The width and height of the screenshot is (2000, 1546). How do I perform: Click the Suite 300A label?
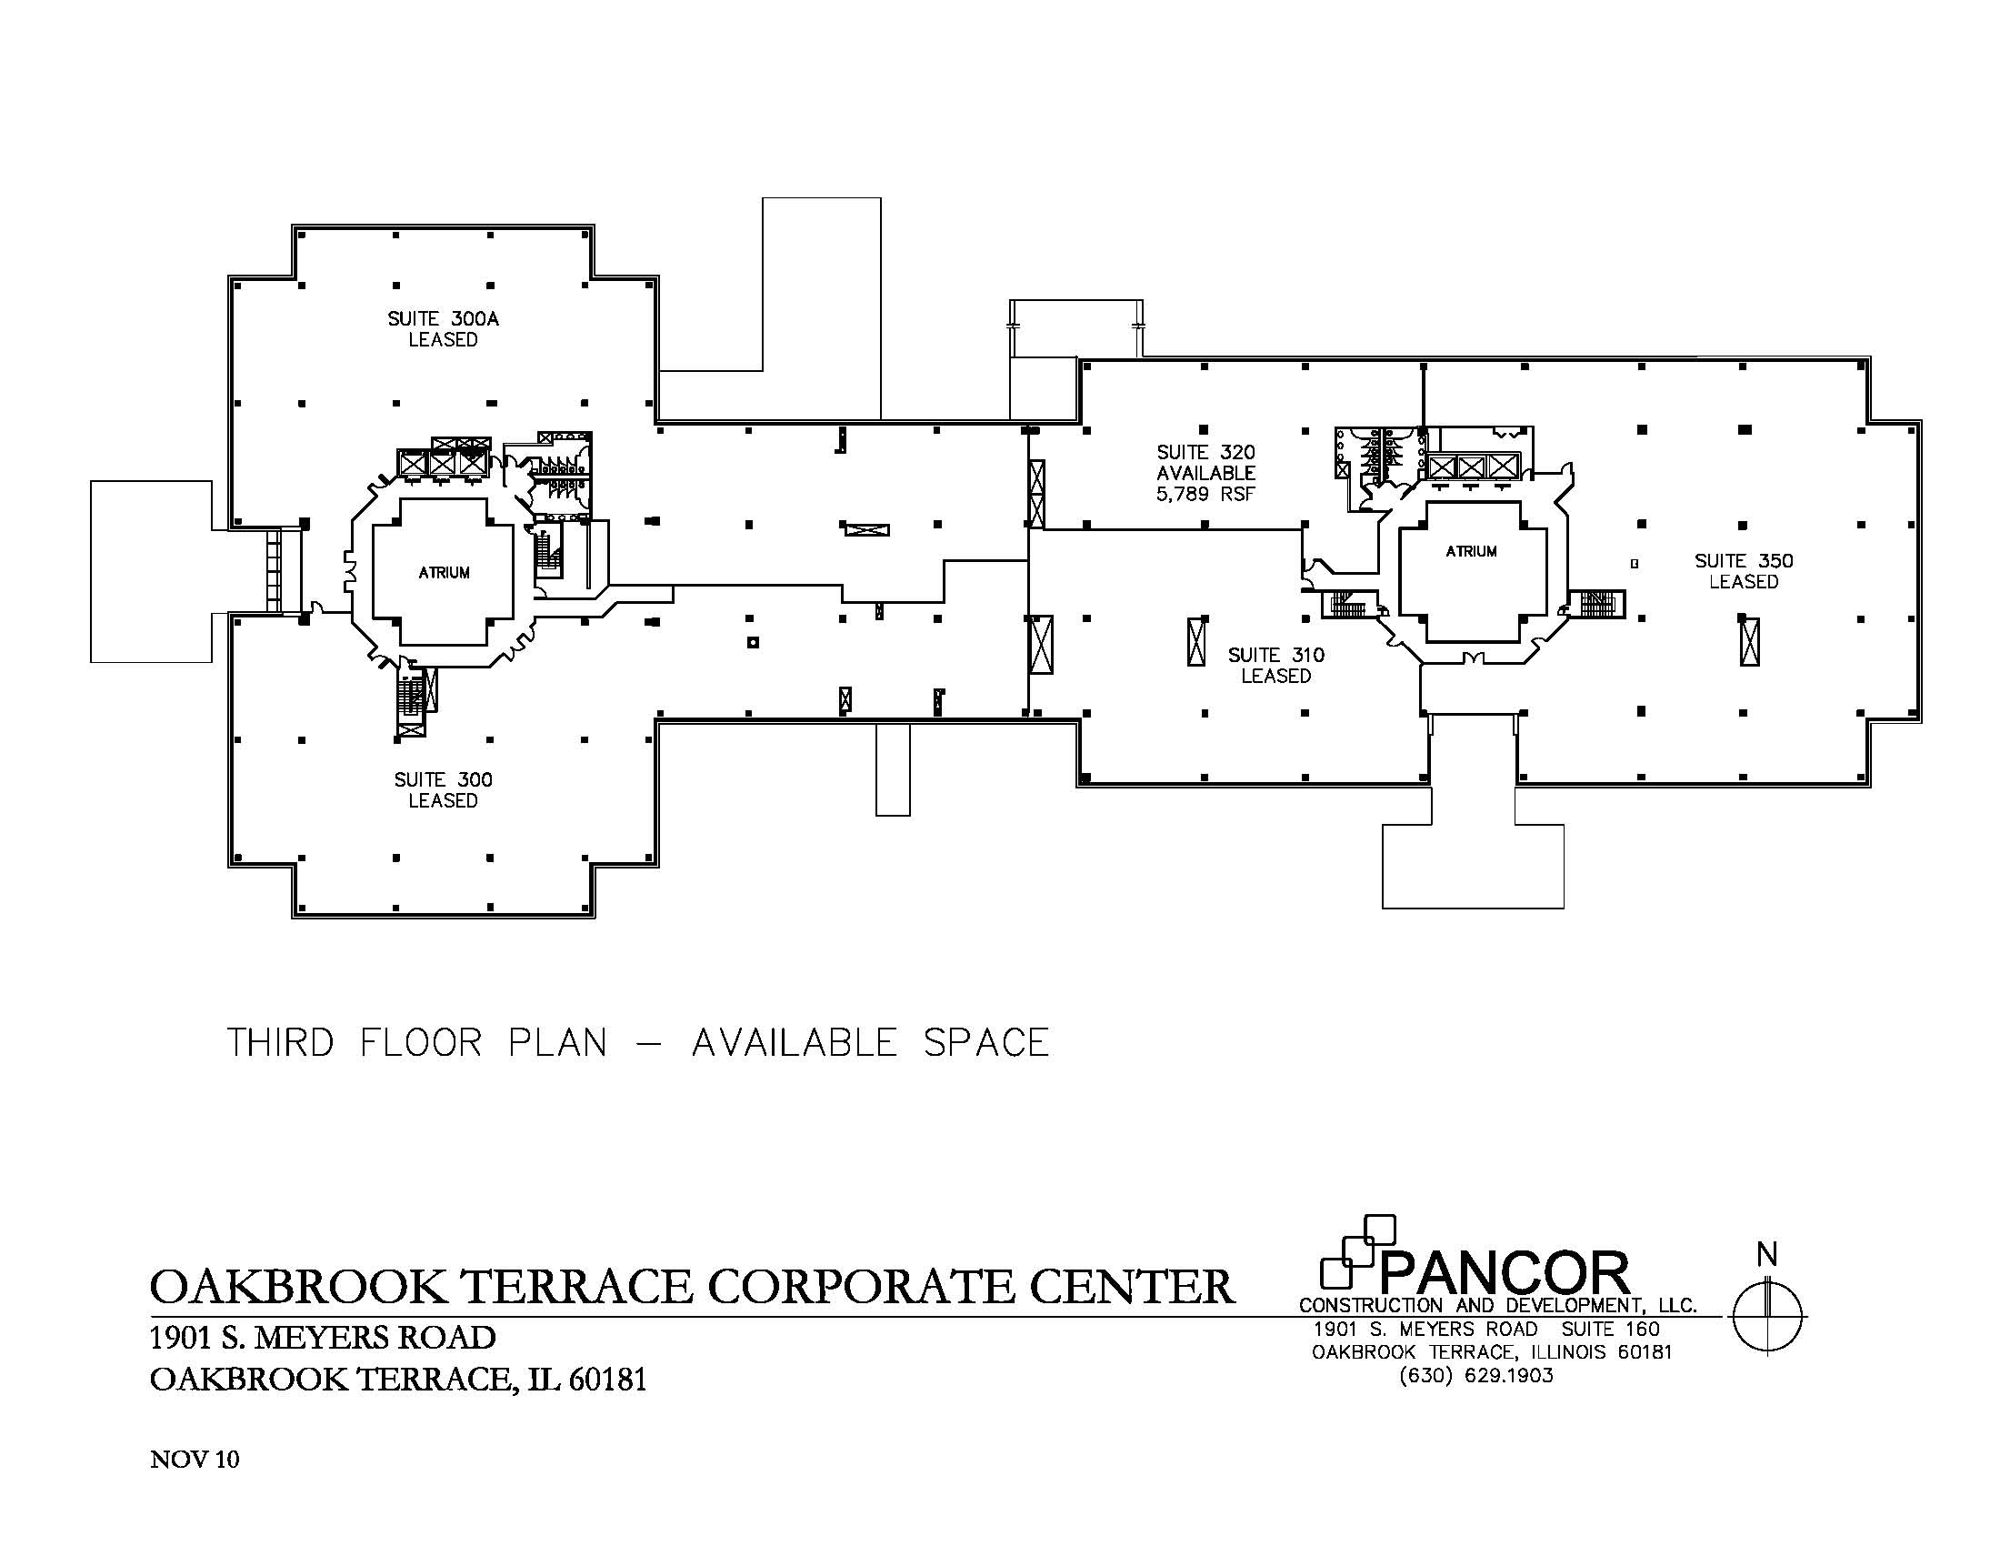pyautogui.click(x=444, y=319)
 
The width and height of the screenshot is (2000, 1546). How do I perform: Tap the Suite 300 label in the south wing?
pyautogui.click(x=444, y=780)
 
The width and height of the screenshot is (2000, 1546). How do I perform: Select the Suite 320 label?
pyautogui.click(x=1205, y=453)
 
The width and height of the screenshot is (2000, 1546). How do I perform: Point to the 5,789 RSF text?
pyautogui.click(x=1205, y=495)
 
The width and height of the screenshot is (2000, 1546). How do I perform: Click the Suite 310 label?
pyautogui.click(x=1275, y=656)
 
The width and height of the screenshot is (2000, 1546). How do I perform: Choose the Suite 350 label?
pyautogui.click(x=1743, y=561)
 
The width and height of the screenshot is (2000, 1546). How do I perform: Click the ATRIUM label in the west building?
pyautogui.click(x=445, y=573)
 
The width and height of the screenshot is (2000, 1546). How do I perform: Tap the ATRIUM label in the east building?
pyautogui.click(x=1471, y=551)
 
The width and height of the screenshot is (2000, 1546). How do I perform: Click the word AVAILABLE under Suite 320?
pyautogui.click(x=1205, y=474)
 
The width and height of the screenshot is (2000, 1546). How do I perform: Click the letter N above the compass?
pyautogui.click(x=1766, y=1256)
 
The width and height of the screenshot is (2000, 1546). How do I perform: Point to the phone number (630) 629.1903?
pyautogui.click(x=1476, y=1376)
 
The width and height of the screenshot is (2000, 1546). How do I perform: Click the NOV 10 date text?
pyautogui.click(x=195, y=1460)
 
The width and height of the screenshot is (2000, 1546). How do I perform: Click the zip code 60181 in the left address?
pyautogui.click(x=607, y=1380)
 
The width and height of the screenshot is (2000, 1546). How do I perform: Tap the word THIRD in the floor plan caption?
pyautogui.click(x=280, y=1043)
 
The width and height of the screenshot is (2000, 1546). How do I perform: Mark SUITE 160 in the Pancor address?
pyautogui.click(x=1610, y=1329)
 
